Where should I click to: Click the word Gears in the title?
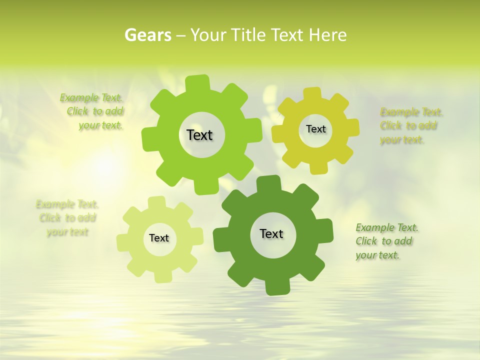click(x=147, y=35)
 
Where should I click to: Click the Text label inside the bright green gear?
click(x=199, y=135)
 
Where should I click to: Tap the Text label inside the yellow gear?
click(x=315, y=129)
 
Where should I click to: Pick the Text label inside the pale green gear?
click(x=159, y=238)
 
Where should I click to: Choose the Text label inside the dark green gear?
click(x=271, y=233)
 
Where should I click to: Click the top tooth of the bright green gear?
click(x=197, y=82)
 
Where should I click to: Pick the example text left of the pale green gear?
click(x=67, y=218)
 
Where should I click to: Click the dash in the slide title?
click(x=182, y=35)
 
